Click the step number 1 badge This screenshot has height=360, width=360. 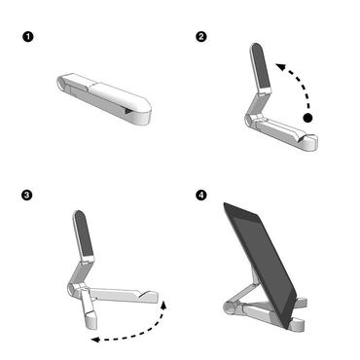click(27, 37)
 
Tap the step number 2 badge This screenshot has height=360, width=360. click(201, 37)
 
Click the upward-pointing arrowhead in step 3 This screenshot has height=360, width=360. click(163, 305)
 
